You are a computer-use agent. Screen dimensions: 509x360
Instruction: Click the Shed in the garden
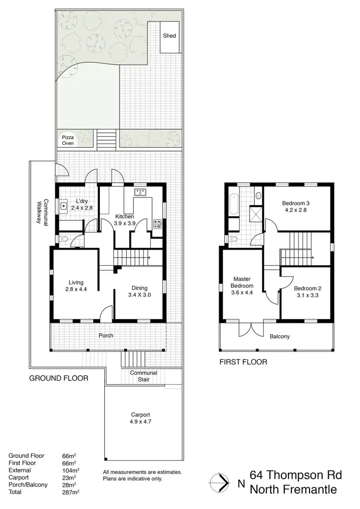pyautogui.click(x=169, y=36)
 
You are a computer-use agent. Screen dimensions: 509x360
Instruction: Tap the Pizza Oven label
pyautogui.click(x=68, y=140)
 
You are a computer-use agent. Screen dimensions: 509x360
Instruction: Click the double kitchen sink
pyautogui.click(x=140, y=193)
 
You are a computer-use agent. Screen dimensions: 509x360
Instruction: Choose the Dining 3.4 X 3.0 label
pyautogui.click(x=139, y=292)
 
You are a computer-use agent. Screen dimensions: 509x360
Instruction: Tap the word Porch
pyautogui.click(x=106, y=335)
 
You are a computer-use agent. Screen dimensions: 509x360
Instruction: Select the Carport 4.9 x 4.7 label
pyautogui.click(x=141, y=419)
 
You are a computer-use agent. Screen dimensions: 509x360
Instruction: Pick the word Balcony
pyautogui.click(x=280, y=336)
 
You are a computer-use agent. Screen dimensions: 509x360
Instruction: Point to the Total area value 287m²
pyautogui.click(x=71, y=492)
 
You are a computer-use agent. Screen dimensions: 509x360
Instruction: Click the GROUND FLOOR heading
pyautogui.click(x=59, y=378)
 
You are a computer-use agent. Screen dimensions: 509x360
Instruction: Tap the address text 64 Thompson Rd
pyautogui.click(x=296, y=475)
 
